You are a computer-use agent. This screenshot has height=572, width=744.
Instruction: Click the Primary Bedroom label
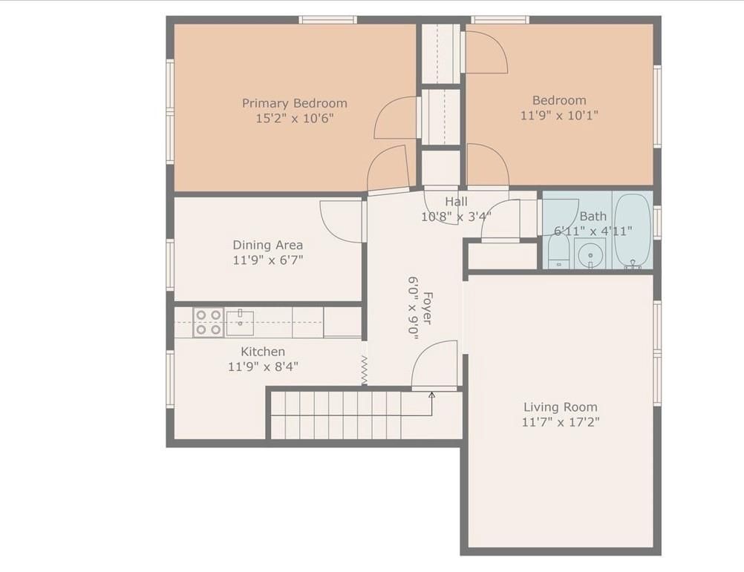pos(294,103)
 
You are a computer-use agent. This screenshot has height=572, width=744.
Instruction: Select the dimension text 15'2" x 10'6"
pos(294,118)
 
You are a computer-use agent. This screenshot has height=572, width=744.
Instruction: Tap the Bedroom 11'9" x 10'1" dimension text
pos(559,115)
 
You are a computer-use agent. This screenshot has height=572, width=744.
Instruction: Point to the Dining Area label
pos(267,245)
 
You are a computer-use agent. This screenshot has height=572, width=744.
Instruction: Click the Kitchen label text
pos(262,351)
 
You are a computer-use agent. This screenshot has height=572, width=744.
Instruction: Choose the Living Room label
pos(560,407)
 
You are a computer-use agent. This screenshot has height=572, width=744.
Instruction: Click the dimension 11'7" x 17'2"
pos(560,422)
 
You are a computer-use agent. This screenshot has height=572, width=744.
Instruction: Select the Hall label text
pos(456,202)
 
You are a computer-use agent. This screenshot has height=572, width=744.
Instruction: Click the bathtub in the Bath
pos(632,229)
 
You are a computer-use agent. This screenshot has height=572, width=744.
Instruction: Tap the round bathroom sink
pos(591,254)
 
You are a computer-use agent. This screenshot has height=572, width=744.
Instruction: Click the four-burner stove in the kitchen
pos(208,323)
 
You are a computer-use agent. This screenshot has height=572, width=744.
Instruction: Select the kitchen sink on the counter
pos(240,323)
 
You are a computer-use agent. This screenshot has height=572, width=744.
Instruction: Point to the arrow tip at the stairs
pos(432,395)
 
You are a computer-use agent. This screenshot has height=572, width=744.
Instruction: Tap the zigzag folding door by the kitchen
pos(365,369)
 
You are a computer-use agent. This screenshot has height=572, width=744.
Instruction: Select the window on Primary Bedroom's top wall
pos(327,19)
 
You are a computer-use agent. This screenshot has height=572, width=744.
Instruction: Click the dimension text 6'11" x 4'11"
pos(593,231)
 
